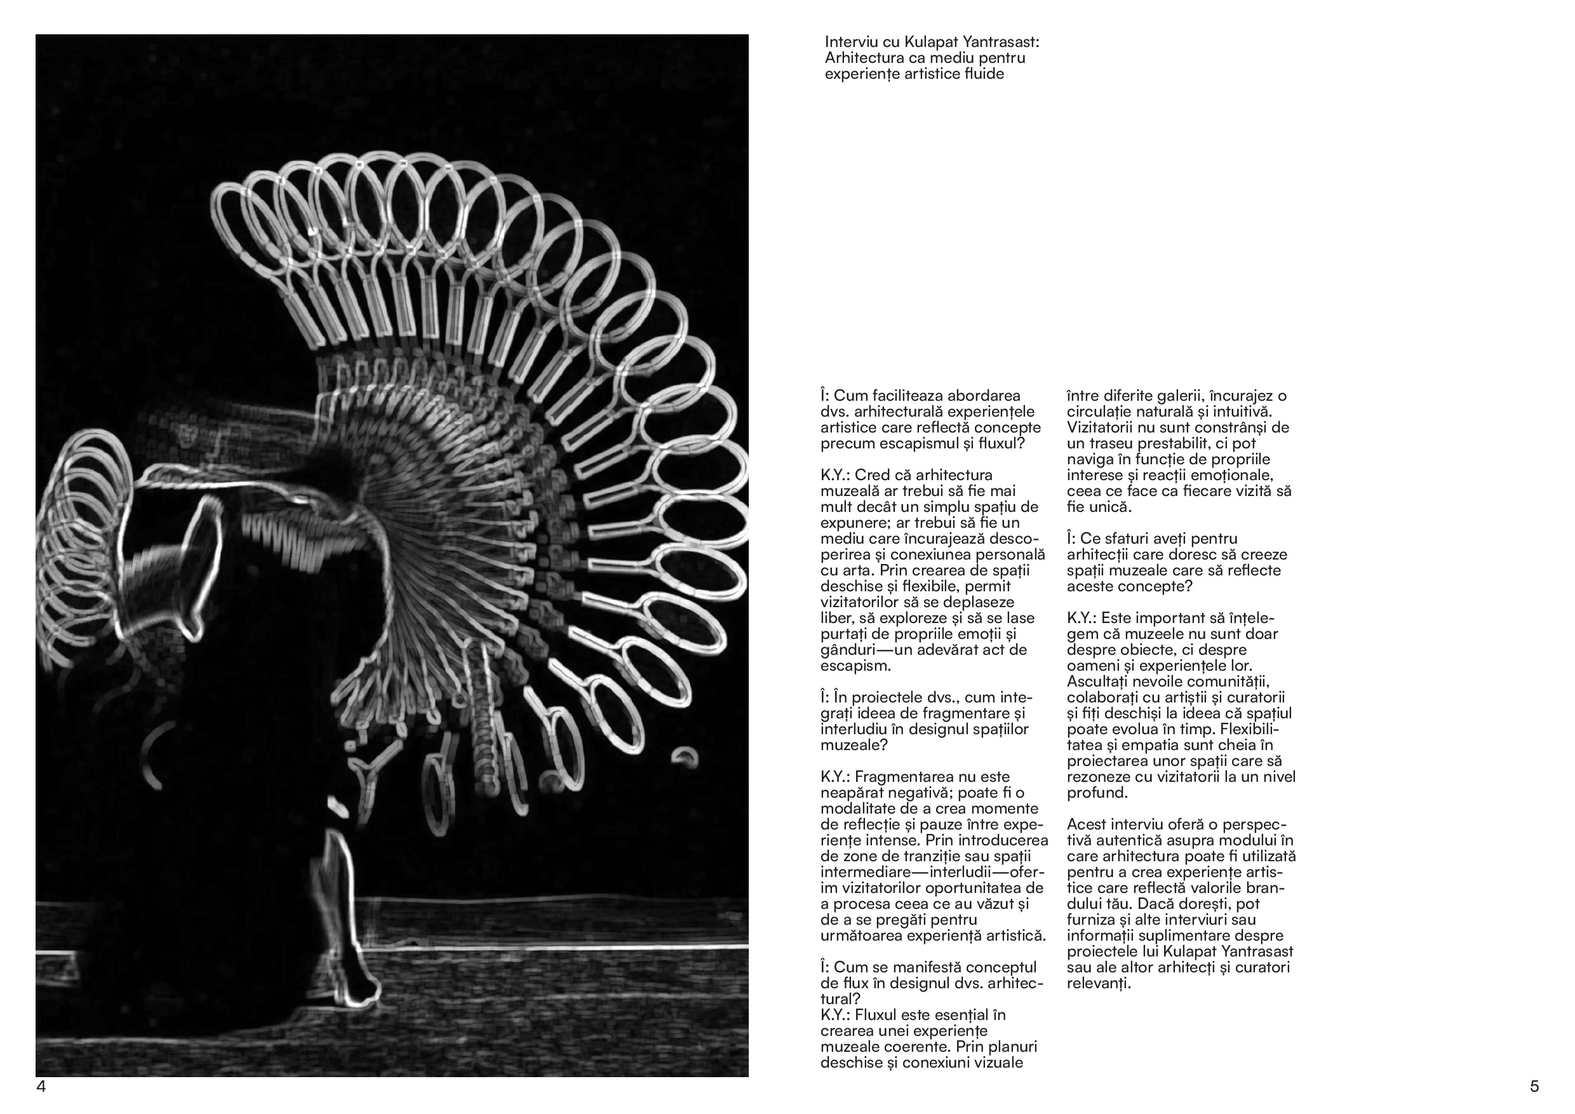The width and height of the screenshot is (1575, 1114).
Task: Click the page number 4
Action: click(x=41, y=1087)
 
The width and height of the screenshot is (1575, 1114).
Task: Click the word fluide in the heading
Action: click(x=984, y=74)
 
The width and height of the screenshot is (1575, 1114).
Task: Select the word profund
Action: click(x=1096, y=793)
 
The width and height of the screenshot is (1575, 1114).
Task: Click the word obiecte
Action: click(x=1170, y=650)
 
